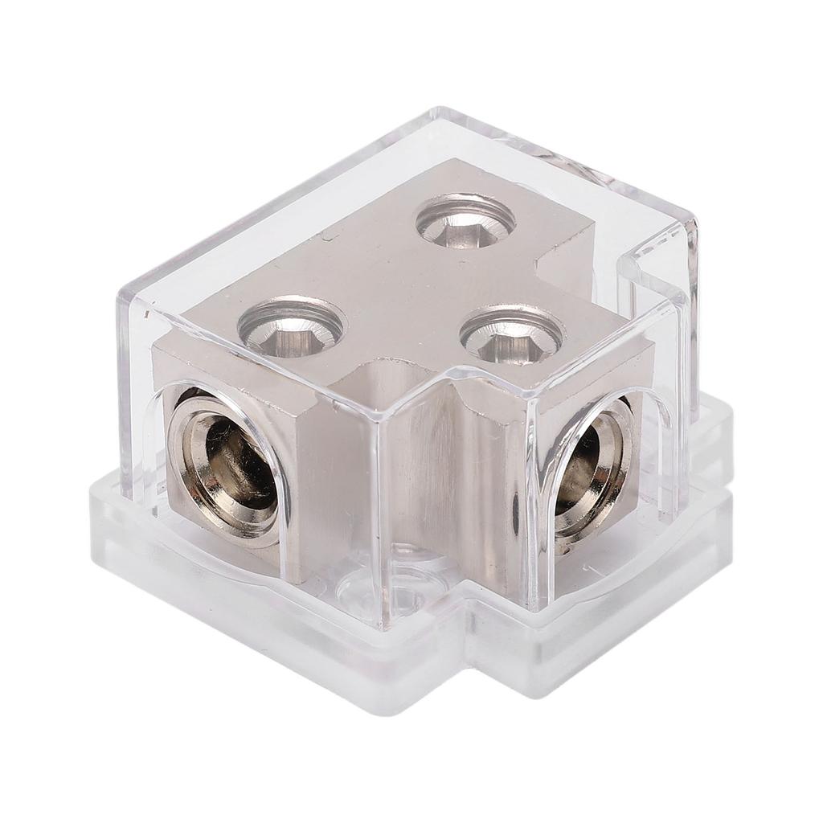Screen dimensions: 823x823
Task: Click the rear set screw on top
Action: tap(466, 220)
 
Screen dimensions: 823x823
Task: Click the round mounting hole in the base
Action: tap(401, 598)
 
